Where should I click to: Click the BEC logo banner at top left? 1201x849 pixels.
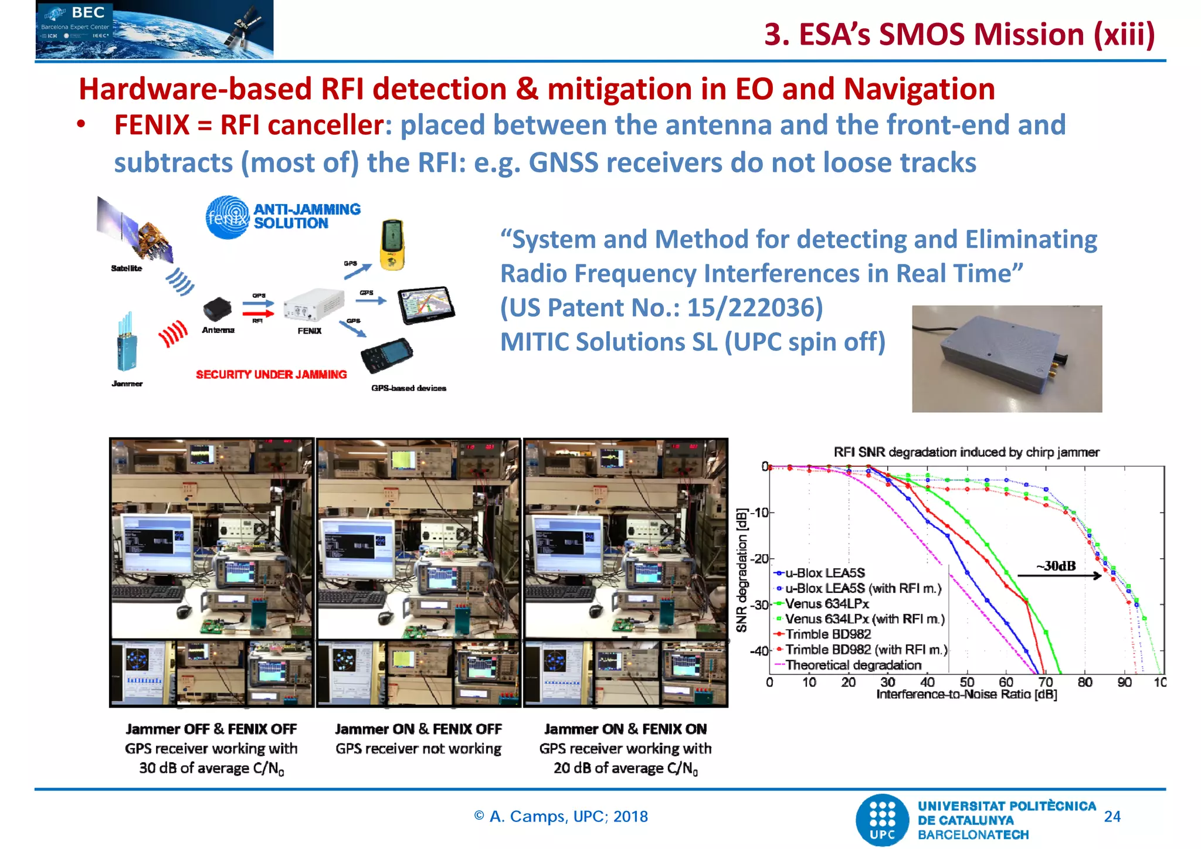coord(154,29)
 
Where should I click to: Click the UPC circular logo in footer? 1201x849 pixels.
coord(883,820)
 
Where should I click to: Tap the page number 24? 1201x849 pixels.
coord(1111,816)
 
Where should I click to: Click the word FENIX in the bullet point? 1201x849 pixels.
coord(152,125)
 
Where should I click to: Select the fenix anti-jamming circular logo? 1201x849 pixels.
coord(228,217)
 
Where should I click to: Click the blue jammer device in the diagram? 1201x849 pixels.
coord(126,344)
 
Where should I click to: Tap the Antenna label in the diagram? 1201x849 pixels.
coord(218,330)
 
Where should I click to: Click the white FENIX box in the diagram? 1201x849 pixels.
coord(313,304)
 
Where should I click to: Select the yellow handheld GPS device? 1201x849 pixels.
coord(392,244)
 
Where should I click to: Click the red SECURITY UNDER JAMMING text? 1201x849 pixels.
coord(271,374)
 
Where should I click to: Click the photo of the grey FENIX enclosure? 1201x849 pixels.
coord(1006,358)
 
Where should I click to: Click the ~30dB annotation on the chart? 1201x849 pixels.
coord(1056,566)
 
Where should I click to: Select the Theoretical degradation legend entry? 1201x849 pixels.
coord(853,665)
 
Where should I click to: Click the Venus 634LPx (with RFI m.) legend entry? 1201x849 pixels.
coord(864,619)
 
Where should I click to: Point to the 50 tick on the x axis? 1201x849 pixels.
coord(966,682)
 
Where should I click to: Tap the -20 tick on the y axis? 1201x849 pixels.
coord(761,558)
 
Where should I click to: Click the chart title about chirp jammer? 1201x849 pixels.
coord(966,452)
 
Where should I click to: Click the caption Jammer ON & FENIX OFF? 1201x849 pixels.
coord(418,729)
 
